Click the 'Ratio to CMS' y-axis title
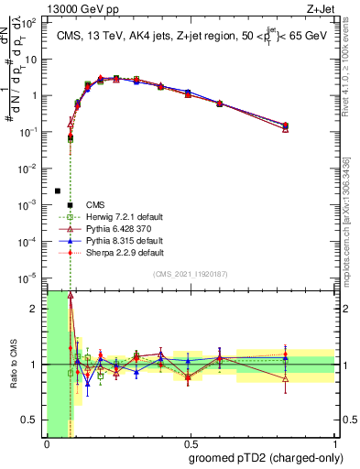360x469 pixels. pos(13,364)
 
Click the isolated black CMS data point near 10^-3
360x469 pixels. pos(58,191)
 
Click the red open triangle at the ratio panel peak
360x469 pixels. pos(71,296)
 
